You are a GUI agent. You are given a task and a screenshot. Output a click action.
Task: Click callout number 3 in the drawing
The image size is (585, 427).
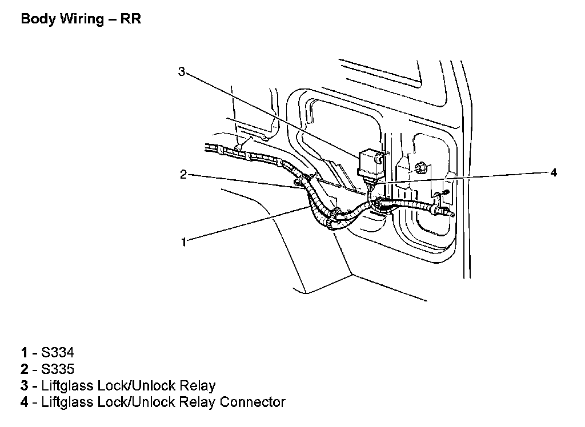(181, 71)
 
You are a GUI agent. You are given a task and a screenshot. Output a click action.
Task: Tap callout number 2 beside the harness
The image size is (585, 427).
(183, 175)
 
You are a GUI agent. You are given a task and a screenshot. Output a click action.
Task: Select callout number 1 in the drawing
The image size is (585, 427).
(183, 242)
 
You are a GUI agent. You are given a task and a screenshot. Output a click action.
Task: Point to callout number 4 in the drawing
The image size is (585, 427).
(553, 172)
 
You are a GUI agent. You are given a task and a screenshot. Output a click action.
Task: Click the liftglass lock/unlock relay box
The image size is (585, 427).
(371, 164)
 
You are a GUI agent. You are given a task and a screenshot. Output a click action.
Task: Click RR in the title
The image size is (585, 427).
(131, 19)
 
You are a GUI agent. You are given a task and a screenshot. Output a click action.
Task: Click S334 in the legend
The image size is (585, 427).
(58, 353)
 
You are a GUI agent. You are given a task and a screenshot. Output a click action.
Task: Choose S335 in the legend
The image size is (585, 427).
(58, 369)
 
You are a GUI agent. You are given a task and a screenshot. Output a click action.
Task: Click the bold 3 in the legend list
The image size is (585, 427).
(25, 386)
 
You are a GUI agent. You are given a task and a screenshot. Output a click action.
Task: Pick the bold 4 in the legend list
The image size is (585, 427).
(25, 402)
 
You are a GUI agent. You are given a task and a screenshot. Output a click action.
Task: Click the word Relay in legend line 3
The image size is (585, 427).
(198, 386)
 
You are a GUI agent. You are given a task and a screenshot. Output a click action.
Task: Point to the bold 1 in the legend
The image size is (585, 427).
(25, 353)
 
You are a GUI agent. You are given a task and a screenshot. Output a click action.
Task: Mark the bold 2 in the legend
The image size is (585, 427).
(25, 369)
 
